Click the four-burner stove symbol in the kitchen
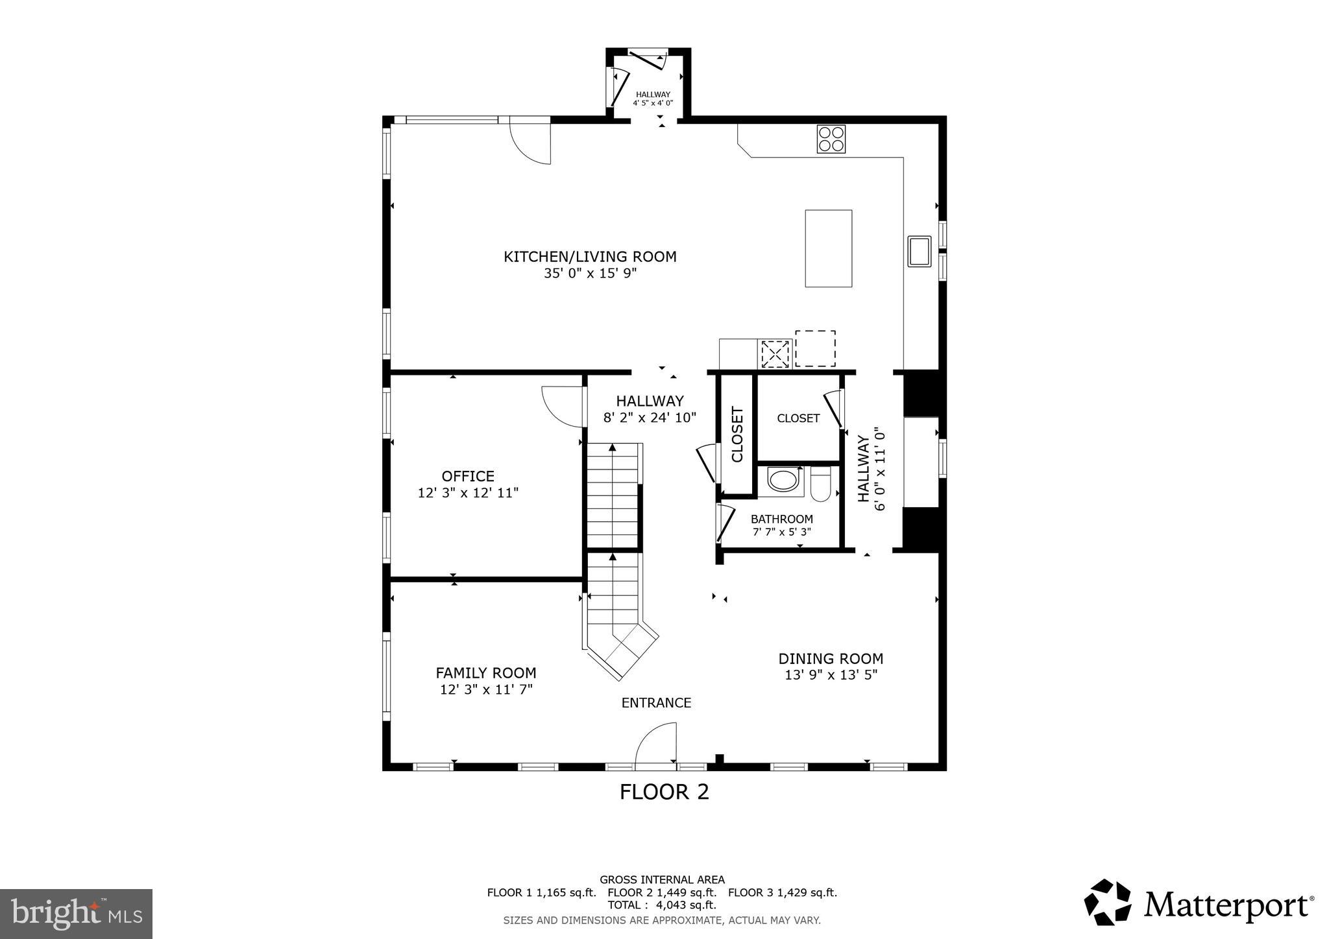pos(831,139)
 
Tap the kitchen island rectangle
pos(828,248)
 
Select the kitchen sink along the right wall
pos(919,252)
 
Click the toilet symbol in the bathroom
pos(821,485)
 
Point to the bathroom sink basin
pos(784,481)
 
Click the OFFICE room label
pos(468,476)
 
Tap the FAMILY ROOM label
pos(486,673)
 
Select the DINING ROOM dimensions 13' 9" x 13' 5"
pos(831,675)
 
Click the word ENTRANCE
pos(656,703)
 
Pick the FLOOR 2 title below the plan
pos(664,792)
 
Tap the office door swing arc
pos(562,407)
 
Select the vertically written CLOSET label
pos(737,434)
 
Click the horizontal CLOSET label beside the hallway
pos(798,418)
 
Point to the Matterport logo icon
pos(1108,902)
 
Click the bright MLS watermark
pos(76,914)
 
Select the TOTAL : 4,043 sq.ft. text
pos(662,905)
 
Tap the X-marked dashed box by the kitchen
pos(775,354)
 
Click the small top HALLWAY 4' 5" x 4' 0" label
pos(653,99)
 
